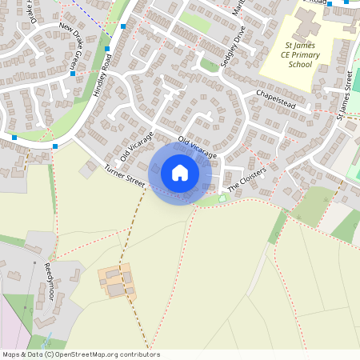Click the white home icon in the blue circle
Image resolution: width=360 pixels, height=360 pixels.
[x=180, y=173]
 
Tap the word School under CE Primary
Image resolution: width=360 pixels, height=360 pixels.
[x=300, y=65]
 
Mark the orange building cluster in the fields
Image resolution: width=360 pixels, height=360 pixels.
[x=117, y=282]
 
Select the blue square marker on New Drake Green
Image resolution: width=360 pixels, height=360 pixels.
[x=73, y=74]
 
